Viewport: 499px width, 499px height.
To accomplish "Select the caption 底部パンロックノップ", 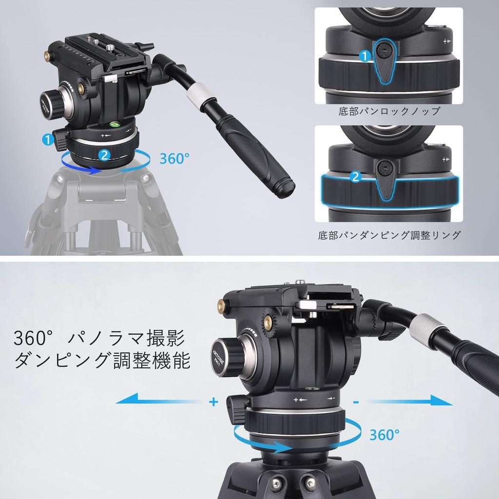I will click(x=389, y=111).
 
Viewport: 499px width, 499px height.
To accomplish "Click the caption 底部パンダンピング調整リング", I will click(x=389, y=235).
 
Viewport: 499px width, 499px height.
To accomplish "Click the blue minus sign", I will click(x=357, y=402).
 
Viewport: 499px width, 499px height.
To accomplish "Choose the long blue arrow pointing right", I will click(x=409, y=401).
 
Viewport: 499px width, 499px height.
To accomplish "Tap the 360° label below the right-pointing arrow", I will click(x=384, y=434).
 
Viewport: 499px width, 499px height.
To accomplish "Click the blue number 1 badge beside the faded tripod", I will click(x=48, y=140).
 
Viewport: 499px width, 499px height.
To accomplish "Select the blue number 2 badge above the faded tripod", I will click(x=103, y=155).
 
